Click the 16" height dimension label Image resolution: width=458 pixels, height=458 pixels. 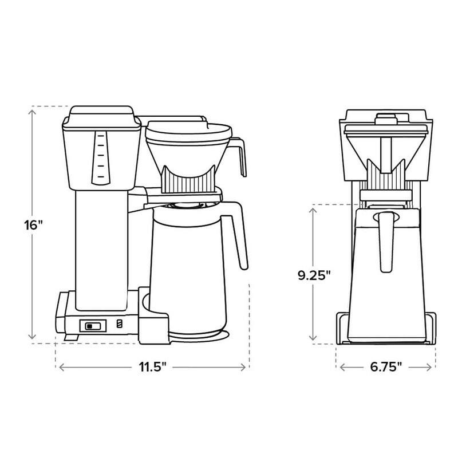[34, 224]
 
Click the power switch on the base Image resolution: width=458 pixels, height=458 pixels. [92, 326]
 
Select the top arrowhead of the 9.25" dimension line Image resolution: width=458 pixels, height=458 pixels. [313, 210]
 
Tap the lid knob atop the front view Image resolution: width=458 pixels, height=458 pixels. [385, 119]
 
